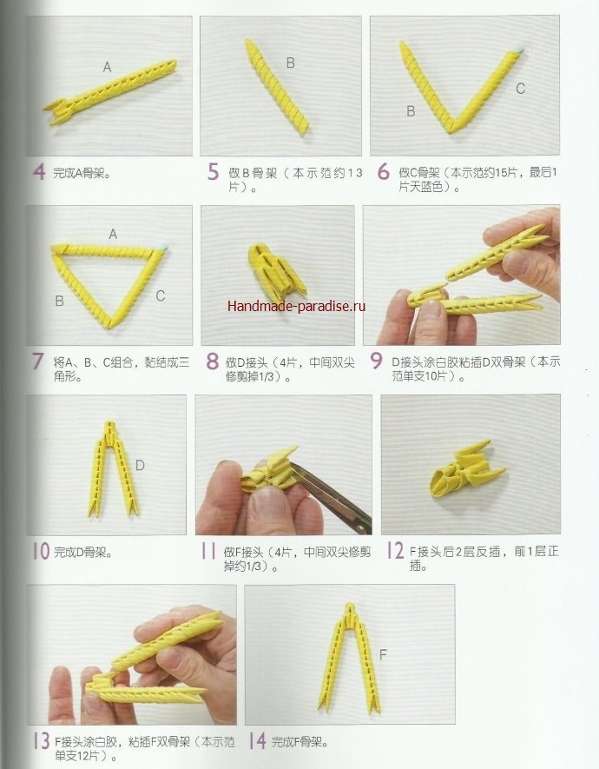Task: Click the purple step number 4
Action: coord(39,172)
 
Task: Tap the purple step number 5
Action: coord(213,172)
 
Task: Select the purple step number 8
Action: coord(212,361)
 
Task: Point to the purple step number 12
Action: coord(395,551)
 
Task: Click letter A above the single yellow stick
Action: coord(108,67)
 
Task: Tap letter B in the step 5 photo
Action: coord(291,63)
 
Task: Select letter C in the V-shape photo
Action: coord(520,89)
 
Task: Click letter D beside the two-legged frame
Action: coord(140,466)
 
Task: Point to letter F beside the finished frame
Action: coord(383,654)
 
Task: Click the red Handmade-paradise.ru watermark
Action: coord(296,306)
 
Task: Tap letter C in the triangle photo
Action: coord(160,295)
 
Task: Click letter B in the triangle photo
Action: coord(59,301)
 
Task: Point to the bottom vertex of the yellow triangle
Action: coord(111,325)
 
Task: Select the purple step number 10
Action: coord(41,551)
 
